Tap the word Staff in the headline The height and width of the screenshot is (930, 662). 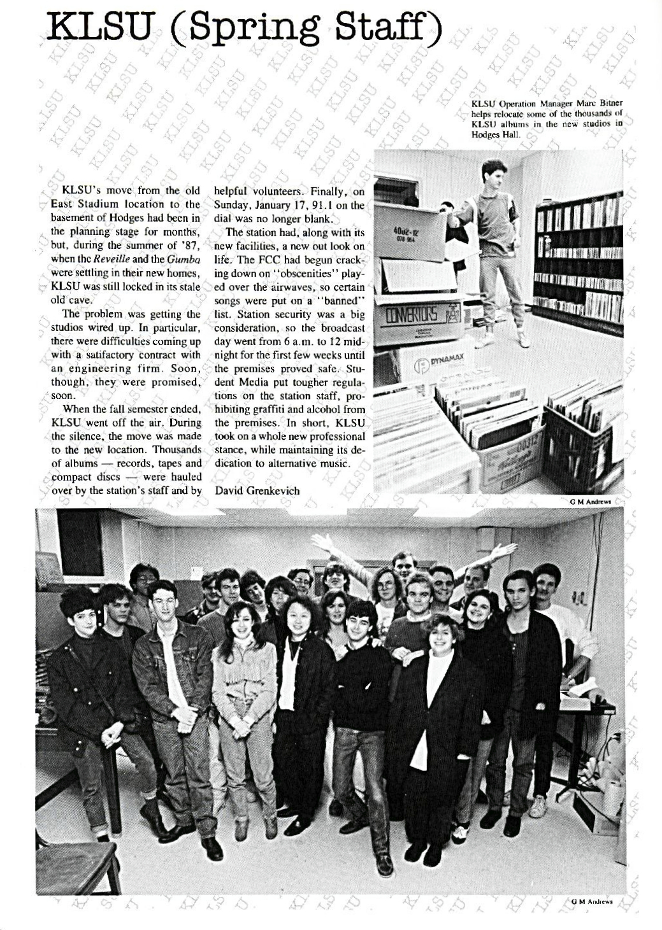384,27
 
